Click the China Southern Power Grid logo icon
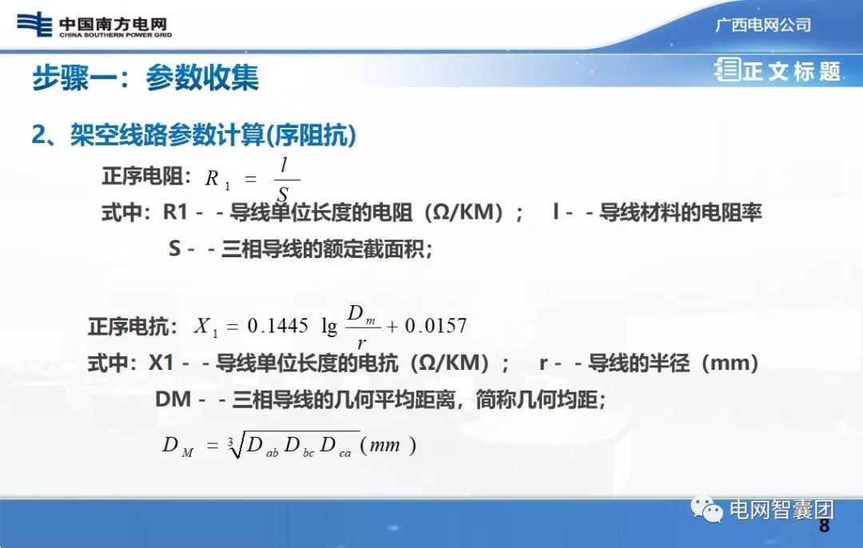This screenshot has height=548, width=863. tap(34, 24)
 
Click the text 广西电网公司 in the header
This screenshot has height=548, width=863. tap(762, 25)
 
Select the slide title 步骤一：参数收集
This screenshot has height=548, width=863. tap(145, 77)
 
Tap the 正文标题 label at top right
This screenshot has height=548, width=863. tap(790, 71)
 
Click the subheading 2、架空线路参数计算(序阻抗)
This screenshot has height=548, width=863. tap(193, 135)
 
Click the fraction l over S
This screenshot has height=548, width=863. tap(284, 180)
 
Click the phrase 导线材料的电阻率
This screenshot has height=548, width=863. tap(680, 212)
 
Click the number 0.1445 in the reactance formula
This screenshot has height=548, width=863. tap(277, 326)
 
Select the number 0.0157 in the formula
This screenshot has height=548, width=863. tap(435, 326)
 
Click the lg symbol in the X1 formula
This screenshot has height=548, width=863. tap(329, 326)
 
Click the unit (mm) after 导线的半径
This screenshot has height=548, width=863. tap(729, 363)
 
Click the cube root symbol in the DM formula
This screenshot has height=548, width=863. tap(233, 446)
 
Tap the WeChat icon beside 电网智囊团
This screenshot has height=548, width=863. tap(707, 508)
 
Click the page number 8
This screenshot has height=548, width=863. tap(824, 526)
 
